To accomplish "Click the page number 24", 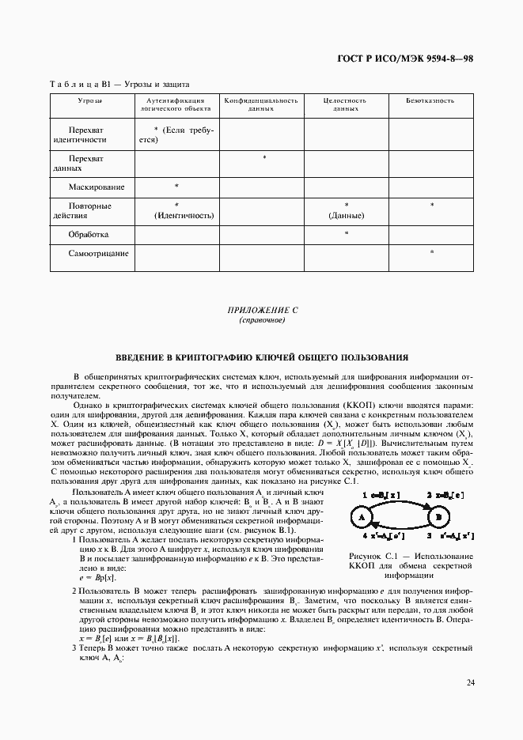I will pos(469,682).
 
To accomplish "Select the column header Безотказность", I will pos(431,101).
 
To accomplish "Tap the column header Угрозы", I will pos(90,101).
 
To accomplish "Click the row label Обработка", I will pos(89,235).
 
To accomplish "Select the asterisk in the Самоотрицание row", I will pos(431,253).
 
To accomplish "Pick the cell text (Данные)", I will pos(347,215).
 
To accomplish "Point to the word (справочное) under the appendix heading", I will pos(261,322).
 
